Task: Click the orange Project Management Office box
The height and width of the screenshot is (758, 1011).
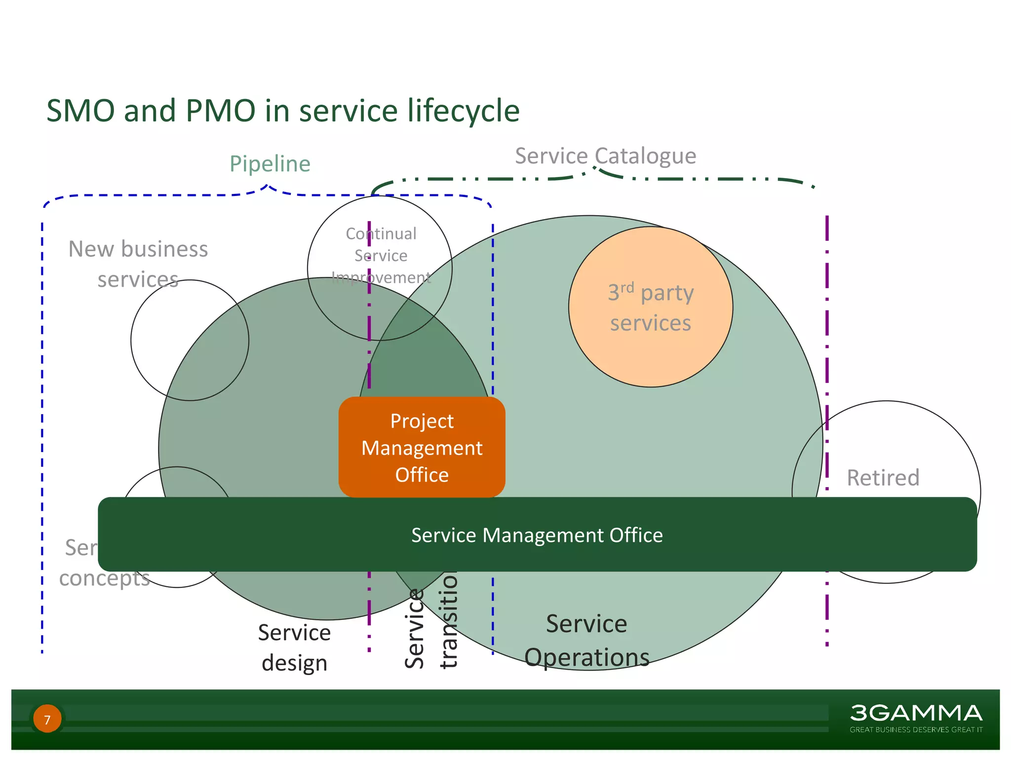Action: pos(422,447)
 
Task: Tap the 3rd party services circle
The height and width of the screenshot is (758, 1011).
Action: pos(650,307)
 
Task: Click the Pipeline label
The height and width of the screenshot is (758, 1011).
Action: pos(270,164)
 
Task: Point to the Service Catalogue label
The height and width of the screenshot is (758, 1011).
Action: pos(605,156)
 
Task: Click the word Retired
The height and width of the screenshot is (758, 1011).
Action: pos(883,478)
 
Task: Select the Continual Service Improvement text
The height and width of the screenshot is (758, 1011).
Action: pos(381,256)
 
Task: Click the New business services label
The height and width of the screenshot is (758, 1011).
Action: pos(138,264)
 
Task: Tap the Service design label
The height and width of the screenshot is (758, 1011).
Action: pos(294,647)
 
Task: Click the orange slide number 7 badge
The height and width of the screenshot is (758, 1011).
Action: pos(47,719)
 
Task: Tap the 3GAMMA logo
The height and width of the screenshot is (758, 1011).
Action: pos(916,713)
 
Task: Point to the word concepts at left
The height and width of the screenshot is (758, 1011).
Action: pos(104,578)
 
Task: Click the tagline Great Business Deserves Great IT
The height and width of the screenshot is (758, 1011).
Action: pos(916,729)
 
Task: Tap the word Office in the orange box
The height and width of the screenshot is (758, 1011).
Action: pos(422,475)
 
